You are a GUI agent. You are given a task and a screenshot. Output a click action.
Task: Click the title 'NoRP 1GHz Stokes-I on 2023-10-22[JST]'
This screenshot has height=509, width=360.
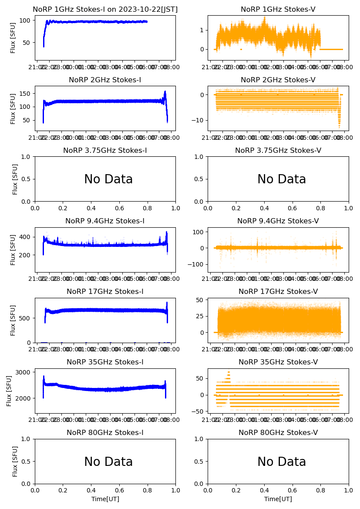105,10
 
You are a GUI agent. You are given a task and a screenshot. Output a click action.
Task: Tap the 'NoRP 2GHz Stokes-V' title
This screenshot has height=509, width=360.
278,80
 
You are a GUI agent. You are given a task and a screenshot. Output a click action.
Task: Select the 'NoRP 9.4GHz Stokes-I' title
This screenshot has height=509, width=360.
105,221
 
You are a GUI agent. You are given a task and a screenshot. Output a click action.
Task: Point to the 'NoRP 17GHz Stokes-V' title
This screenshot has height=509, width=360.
278,292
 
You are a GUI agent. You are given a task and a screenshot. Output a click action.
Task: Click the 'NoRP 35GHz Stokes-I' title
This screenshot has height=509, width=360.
105,362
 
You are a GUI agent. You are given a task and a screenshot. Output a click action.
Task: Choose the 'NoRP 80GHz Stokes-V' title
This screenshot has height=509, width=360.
278,433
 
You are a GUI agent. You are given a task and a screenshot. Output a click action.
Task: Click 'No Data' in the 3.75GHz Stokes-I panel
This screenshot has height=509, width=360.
108,179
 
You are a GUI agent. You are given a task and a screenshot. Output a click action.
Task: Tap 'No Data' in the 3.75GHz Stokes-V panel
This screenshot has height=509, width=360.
282,179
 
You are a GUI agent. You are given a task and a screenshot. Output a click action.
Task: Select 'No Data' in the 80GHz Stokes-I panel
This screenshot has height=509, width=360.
108,462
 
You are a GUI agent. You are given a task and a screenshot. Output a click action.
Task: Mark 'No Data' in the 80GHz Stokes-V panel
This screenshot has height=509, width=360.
282,462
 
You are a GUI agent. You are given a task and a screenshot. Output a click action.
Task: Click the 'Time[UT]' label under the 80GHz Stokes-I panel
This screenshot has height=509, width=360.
105,499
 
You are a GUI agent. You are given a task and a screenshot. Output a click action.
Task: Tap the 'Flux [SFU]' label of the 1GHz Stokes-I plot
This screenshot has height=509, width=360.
13,38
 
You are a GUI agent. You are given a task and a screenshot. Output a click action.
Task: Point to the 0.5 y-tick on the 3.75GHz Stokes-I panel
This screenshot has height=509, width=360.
28,179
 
